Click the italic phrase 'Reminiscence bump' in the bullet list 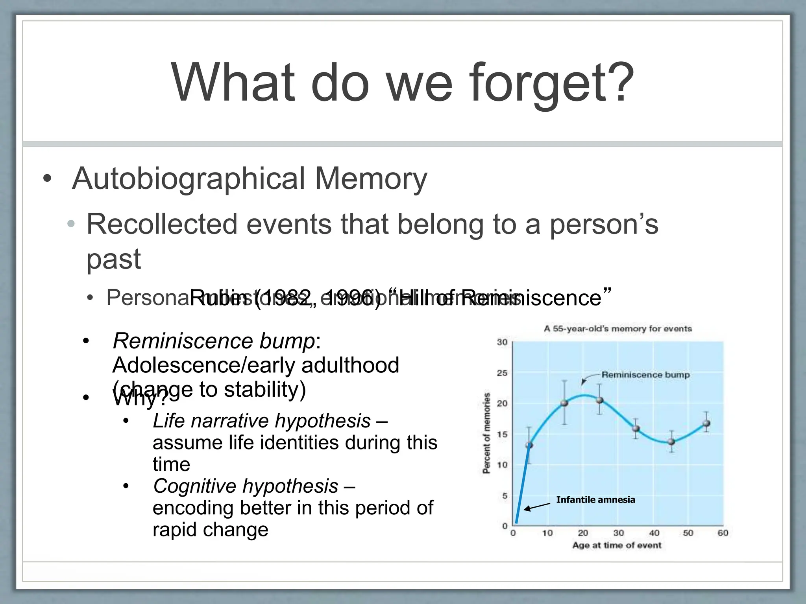(214, 341)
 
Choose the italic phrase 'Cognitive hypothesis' (246, 486)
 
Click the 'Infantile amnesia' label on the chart (595, 500)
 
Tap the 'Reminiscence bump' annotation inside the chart (645, 375)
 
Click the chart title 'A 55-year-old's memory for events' (617, 329)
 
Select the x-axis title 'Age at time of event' (617, 545)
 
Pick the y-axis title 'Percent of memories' (487, 433)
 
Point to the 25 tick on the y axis (502, 373)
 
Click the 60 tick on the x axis (723, 533)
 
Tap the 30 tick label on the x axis (618, 533)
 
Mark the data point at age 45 (671, 442)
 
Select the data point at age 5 (529, 445)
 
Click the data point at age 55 (706, 424)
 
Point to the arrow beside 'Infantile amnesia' (537, 506)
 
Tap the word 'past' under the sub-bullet (113, 260)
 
